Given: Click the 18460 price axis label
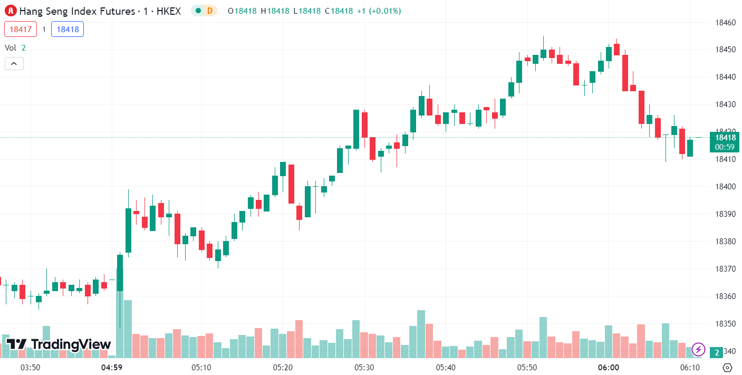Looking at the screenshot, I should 725,23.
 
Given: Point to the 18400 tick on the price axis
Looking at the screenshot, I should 725,187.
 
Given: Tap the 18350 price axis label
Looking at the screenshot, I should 725,323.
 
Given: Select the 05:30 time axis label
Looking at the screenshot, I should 364,367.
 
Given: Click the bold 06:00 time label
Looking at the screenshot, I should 608,367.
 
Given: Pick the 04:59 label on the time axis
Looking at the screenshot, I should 112,367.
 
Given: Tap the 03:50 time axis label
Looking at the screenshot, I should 30,367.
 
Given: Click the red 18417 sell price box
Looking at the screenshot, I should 21,29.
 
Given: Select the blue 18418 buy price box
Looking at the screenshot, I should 68,29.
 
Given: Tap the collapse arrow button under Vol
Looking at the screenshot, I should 14,64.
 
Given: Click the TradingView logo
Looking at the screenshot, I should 59,344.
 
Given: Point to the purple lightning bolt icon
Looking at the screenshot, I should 698,349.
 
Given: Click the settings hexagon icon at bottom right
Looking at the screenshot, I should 727,367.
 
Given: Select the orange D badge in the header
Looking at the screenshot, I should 210,11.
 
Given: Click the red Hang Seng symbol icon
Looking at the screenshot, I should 11,11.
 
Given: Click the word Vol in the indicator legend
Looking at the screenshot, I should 11,47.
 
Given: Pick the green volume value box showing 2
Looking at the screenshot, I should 716,352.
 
